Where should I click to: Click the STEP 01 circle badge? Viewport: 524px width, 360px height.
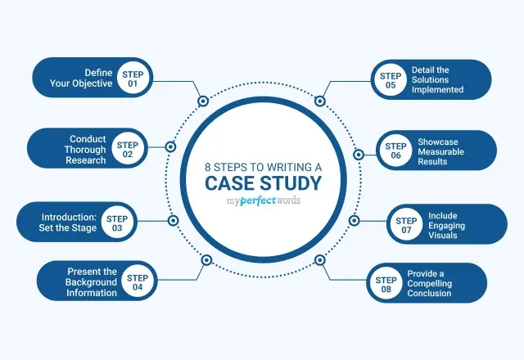coord(133,78)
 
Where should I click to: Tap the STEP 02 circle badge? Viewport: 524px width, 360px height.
coord(128,150)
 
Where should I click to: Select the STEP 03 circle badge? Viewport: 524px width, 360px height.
coord(117,223)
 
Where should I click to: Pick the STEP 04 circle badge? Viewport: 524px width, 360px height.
coord(138,283)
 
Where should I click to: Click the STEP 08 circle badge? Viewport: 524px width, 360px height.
coord(386,282)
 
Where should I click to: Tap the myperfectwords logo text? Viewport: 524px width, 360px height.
coord(262,200)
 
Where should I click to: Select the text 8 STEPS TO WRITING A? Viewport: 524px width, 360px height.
coord(262,164)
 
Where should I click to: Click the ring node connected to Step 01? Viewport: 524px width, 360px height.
coord(203,101)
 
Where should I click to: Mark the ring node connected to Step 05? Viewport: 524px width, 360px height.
coord(320,101)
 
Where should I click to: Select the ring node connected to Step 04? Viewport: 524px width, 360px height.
coord(206,260)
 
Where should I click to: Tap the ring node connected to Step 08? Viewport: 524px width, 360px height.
coord(319,260)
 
